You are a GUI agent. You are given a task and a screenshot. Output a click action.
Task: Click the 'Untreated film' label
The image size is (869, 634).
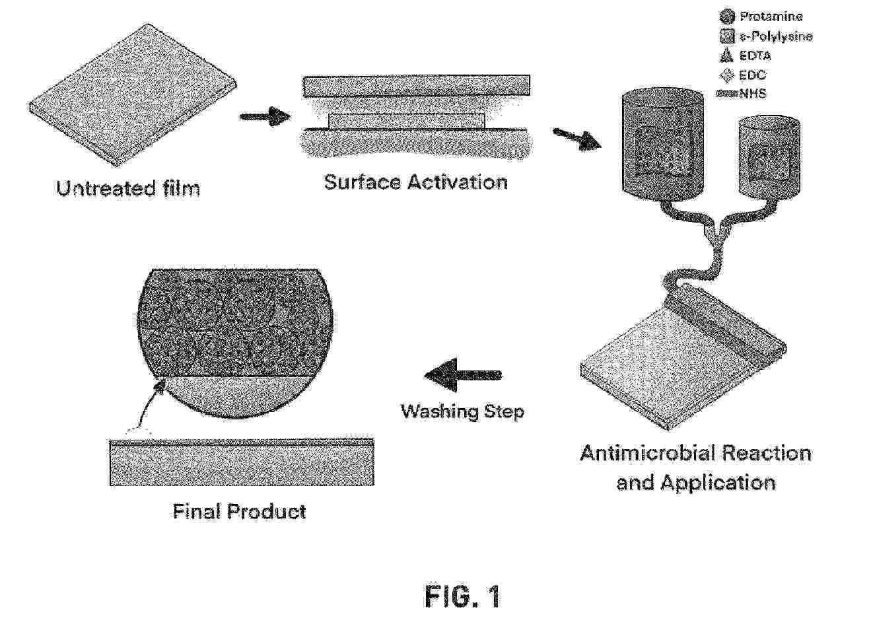point(128,189)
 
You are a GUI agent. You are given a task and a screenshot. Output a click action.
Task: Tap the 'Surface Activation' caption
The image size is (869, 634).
point(416,182)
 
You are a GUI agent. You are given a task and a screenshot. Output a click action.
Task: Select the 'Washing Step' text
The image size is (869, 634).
point(462,411)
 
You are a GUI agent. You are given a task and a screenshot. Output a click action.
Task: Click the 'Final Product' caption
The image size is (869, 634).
point(239,511)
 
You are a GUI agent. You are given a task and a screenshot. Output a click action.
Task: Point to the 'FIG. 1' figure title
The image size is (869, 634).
point(463,596)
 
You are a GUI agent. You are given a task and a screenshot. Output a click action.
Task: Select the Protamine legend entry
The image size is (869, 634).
point(761,17)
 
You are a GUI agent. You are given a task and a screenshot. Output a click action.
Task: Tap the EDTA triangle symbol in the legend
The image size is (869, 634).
point(726,55)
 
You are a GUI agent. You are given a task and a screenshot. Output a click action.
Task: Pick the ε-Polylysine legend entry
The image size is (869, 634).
point(766,36)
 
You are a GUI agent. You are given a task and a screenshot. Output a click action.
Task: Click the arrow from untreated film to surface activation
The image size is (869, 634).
point(265,116)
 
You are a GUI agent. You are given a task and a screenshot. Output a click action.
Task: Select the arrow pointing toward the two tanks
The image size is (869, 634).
point(577,139)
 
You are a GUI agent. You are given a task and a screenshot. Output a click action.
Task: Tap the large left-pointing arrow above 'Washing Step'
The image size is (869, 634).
point(463,375)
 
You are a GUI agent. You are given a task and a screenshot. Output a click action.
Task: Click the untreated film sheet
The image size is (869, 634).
point(133,96)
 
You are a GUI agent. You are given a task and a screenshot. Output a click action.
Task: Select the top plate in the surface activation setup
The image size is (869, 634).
point(416,86)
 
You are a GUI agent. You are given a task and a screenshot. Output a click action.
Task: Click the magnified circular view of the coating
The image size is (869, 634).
point(236,343)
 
